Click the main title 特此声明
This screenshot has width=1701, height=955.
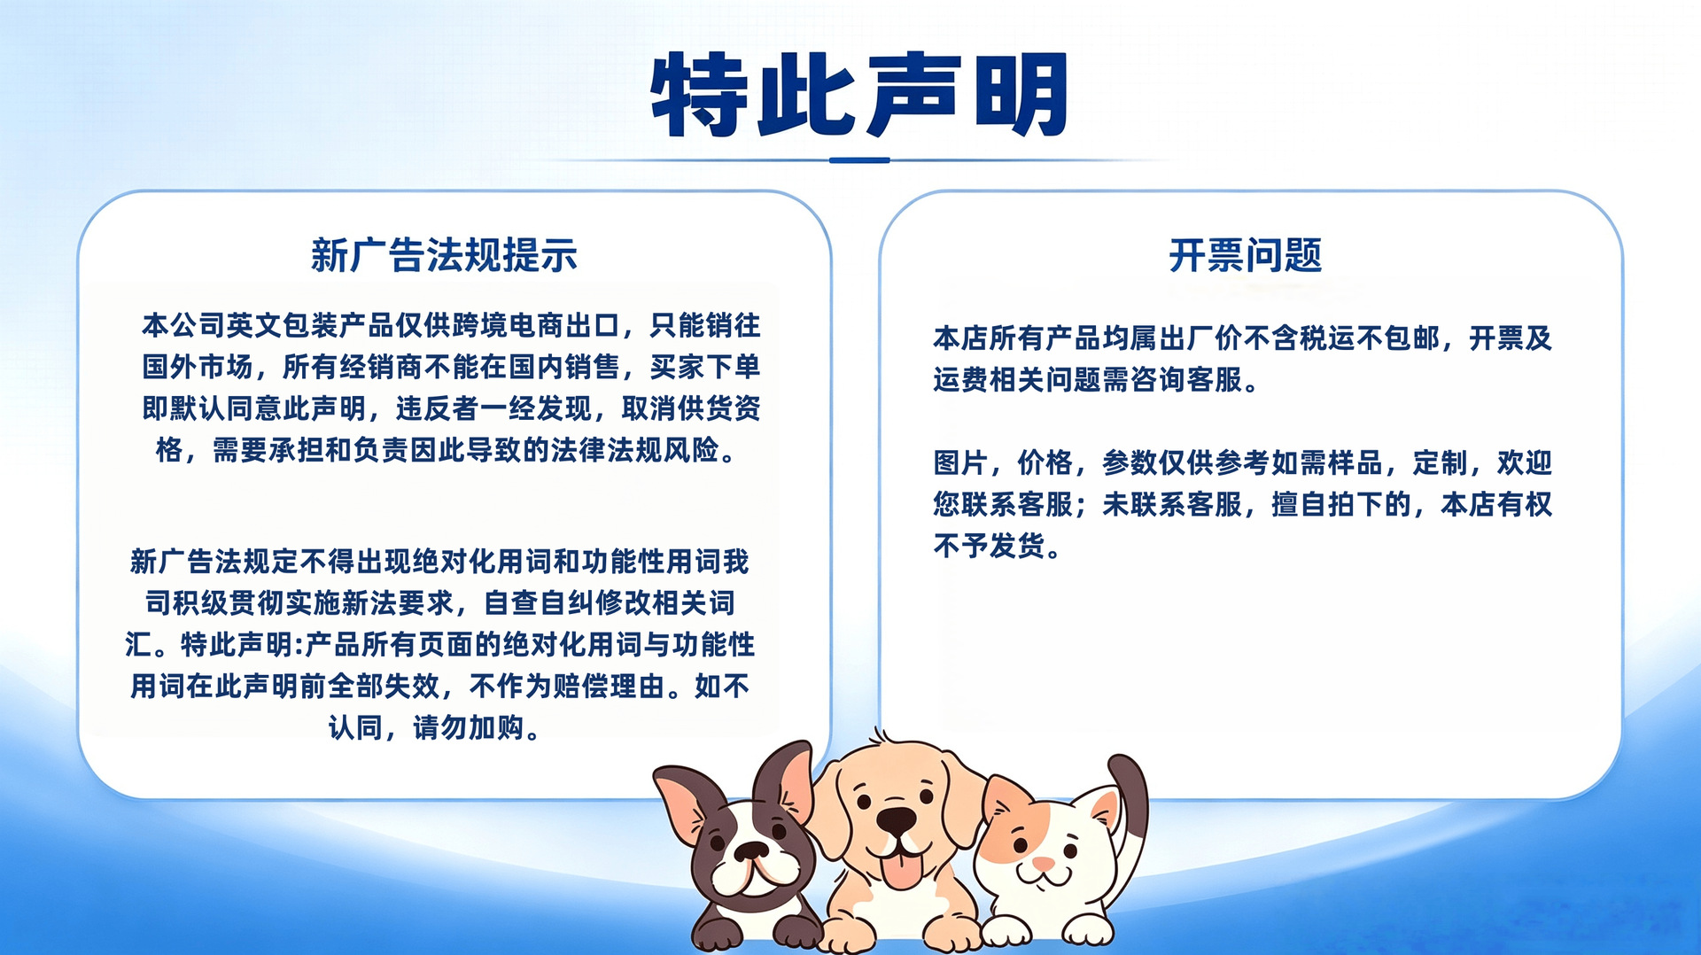[x=859, y=94]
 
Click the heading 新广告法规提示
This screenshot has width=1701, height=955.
[x=444, y=255]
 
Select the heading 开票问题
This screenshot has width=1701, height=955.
[x=1245, y=255]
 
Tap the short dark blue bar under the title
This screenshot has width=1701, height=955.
[x=859, y=160]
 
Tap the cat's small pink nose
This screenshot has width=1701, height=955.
[x=1043, y=862]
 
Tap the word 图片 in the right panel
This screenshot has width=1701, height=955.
[x=961, y=462]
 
